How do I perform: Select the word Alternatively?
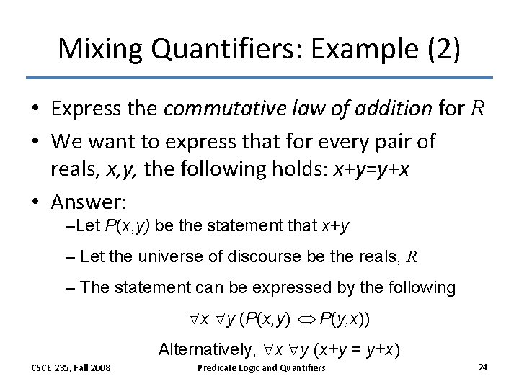(204, 350)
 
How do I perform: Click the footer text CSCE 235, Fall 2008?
(71, 367)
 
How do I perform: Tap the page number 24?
(482, 367)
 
